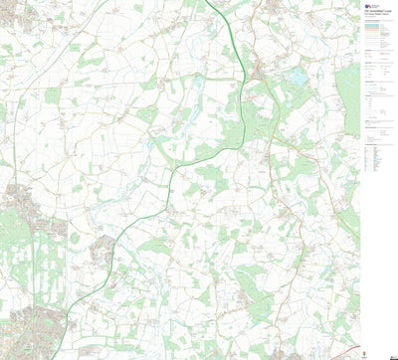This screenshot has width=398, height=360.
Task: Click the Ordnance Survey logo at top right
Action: click(x=370, y=6)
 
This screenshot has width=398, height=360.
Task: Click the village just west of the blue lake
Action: click(x=261, y=70)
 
